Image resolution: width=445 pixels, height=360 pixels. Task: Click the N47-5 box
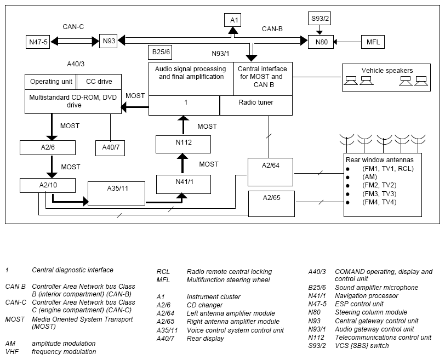pos(38,42)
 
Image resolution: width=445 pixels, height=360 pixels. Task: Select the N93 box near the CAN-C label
pos(108,41)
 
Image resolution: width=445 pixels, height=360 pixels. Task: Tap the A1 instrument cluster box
pos(233,20)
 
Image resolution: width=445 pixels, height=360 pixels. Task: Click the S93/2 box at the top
pos(320,19)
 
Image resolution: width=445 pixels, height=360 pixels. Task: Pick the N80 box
pos(321,42)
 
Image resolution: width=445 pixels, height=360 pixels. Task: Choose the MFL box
pos(373,42)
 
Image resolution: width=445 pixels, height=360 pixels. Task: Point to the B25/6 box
pos(160,52)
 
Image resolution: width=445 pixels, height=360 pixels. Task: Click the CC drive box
pos(99,82)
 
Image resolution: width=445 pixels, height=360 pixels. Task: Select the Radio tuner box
pos(256,105)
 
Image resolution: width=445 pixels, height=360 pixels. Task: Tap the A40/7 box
pos(110,148)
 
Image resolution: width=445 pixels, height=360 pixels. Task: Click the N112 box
pos(184,144)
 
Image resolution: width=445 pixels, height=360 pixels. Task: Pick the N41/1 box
pos(184,184)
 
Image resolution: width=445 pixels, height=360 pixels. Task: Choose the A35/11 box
pos(116,193)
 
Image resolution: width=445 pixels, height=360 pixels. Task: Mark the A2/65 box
pos(272,204)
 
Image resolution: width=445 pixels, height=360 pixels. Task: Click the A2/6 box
pos(48,147)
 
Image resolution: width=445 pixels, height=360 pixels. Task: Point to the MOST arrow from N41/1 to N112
pos(183,164)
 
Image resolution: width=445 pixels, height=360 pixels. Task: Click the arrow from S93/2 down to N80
pos(320,30)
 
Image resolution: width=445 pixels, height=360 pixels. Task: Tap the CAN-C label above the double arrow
pos(73,27)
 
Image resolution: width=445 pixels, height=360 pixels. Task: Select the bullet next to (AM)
pos(347,178)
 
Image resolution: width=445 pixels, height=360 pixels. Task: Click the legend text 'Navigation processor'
pos(367,296)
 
